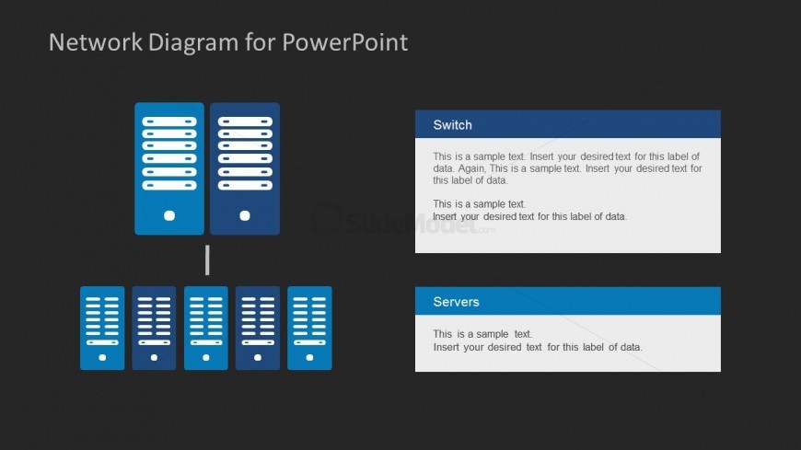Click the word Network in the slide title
click(96, 42)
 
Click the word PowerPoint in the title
click(345, 42)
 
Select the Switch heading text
click(452, 125)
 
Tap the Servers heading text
click(456, 302)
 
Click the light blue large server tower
click(169, 168)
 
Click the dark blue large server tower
click(245, 168)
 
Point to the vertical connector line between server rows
click(207, 260)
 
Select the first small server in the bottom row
click(102, 328)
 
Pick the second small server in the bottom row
click(154, 328)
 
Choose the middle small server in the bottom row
click(206, 328)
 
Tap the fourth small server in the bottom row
click(258, 328)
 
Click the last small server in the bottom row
click(309, 328)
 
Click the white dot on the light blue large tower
click(169, 215)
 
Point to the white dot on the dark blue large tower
click(245, 215)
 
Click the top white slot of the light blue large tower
click(169, 121)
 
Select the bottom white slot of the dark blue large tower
click(245, 185)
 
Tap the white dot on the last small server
click(309, 358)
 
